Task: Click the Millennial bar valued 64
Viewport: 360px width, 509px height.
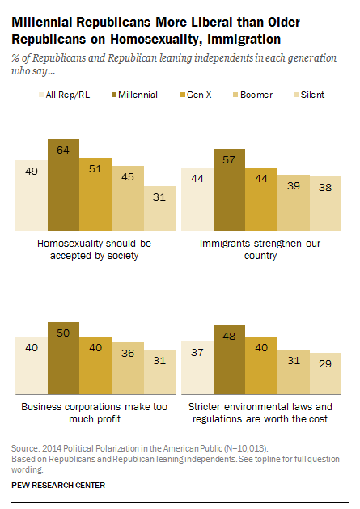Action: pos(63,185)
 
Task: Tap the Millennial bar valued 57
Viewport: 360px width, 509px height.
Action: pos(228,191)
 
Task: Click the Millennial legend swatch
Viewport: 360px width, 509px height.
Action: pos(115,95)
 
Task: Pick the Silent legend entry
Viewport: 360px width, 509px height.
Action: pos(312,95)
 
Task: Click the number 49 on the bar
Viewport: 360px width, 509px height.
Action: pos(31,172)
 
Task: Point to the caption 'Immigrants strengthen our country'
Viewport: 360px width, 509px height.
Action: pos(261,248)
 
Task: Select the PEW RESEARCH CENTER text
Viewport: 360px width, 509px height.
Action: pos(57,485)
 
